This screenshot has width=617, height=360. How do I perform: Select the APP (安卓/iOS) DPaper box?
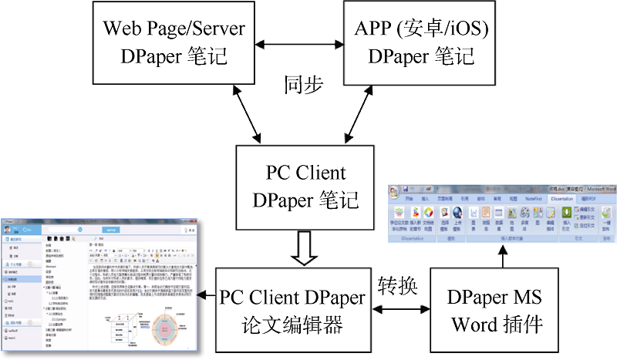(420, 42)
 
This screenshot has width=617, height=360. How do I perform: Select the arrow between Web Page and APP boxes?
(297, 43)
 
